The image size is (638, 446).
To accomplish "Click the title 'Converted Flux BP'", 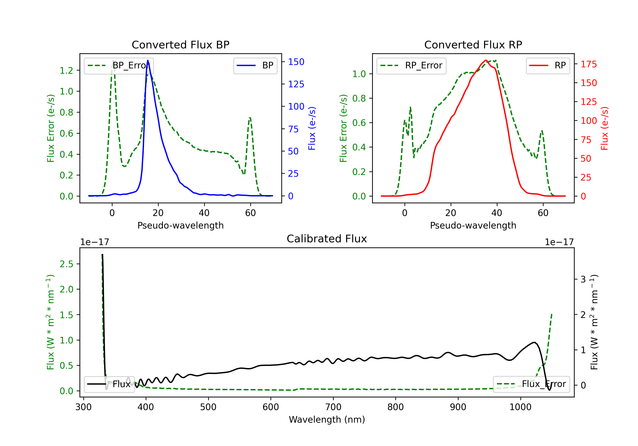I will click(180, 45).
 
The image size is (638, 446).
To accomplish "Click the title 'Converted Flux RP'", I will click(473, 45).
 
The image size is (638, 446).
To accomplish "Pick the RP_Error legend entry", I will click(412, 65).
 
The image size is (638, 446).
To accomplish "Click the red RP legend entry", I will click(548, 65).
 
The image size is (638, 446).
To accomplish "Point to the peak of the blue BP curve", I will click(148, 60).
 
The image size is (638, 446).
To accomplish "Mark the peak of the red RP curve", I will click(486, 60).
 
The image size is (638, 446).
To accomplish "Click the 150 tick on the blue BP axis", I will click(296, 62).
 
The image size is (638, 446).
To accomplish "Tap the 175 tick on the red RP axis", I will click(588, 64).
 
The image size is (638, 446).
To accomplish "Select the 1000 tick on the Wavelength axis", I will click(520, 407).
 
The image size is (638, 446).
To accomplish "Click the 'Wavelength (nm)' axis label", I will click(327, 419).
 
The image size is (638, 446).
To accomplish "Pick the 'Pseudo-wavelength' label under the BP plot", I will click(180, 225).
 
